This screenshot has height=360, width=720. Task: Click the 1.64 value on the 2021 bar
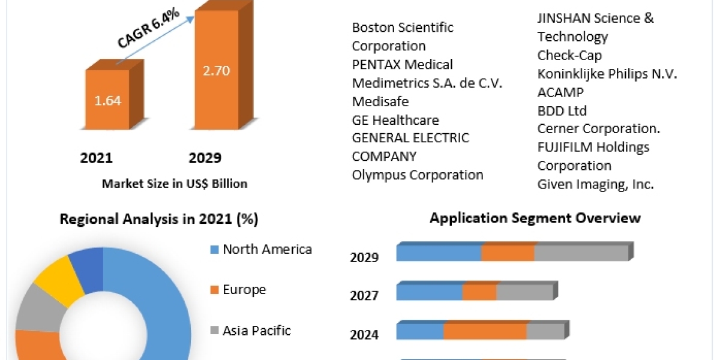(107, 101)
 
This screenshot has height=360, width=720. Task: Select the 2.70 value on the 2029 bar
(217, 71)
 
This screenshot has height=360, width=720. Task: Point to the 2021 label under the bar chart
(97, 158)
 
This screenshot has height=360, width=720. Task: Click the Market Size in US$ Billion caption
(175, 184)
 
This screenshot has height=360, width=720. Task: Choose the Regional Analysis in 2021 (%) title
(159, 220)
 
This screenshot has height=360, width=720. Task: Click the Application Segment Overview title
(535, 218)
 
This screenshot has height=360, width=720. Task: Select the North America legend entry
(266, 249)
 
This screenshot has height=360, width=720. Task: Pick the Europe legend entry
(244, 290)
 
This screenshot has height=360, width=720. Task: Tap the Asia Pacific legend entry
(256, 330)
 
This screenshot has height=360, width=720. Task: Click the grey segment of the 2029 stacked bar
(581, 253)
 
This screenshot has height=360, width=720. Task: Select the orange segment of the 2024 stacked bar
(485, 331)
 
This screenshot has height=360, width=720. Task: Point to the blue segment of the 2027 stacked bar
(429, 292)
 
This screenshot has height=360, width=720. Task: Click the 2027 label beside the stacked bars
(364, 296)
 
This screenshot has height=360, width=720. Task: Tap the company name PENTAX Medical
(402, 64)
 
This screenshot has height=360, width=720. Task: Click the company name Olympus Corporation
(418, 175)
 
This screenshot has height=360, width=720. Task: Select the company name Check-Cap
(569, 55)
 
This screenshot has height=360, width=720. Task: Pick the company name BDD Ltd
(562, 110)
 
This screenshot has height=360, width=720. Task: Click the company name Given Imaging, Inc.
(595, 184)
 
